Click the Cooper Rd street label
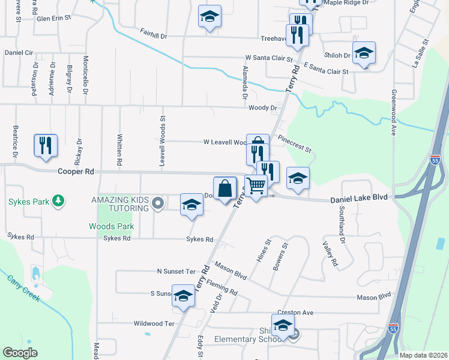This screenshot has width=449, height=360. pyautogui.click(x=76, y=171)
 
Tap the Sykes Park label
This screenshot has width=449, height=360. pyautogui.click(x=28, y=202)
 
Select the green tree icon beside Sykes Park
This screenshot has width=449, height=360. pyautogui.click(x=58, y=200)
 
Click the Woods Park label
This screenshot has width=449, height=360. pyautogui.click(x=111, y=226)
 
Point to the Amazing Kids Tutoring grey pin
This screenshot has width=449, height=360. pyautogui.click(x=158, y=203)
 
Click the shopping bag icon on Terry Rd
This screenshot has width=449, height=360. pyautogui.click(x=224, y=188)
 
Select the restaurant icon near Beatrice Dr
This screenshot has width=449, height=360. pyautogui.click(x=46, y=146)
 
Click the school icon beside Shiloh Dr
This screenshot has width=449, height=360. pyautogui.click(x=364, y=53)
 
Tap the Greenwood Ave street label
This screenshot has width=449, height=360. pyautogui.click(x=393, y=113)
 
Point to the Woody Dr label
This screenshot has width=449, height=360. pyautogui.click(x=262, y=108)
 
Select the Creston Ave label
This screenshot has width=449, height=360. pyautogui.click(x=295, y=313)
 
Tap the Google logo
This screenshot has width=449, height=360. pyautogui.click(x=20, y=353)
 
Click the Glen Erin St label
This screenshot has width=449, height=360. pyautogui.click(x=54, y=19)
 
